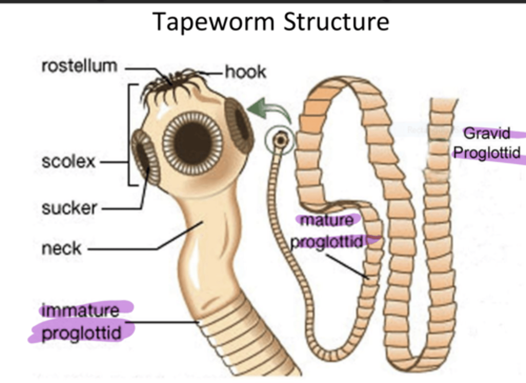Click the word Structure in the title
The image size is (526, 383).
[336, 22]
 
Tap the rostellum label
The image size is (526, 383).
[79, 67]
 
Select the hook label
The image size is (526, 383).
[245, 72]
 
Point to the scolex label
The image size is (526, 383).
[68, 162]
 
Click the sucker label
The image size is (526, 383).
[69, 208]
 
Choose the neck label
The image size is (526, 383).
[61, 249]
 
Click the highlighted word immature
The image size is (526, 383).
[81, 311]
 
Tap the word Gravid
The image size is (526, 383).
[487, 133]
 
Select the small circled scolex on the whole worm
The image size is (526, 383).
[280, 140]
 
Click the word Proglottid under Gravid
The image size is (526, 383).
[487, 152]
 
